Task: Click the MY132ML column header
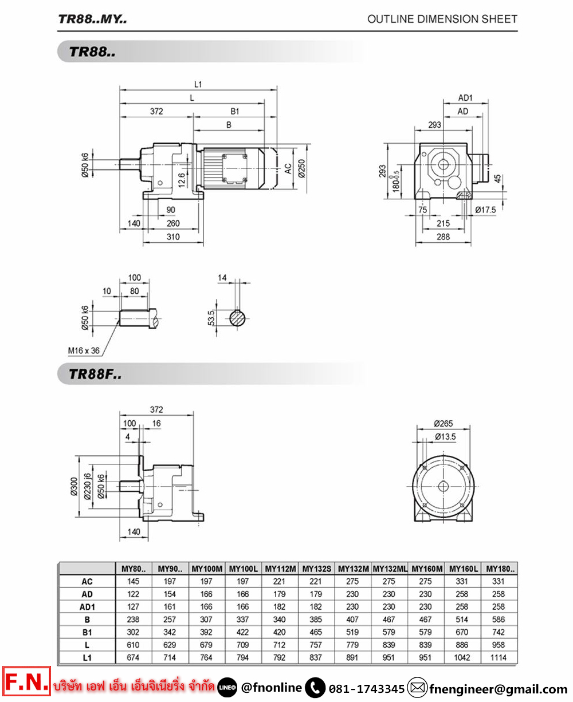pos(390,569)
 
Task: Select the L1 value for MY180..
pos(498,657)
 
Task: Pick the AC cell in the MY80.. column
pos(133,581)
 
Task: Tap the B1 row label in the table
pos(87,632)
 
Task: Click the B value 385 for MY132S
pos(316,620)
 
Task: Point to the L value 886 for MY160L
pos(462,645)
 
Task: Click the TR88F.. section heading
pos(95,374)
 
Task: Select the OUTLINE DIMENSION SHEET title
pos(442,19)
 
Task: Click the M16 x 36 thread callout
pos(84,350)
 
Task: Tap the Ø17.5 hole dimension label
pos(485,210)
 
